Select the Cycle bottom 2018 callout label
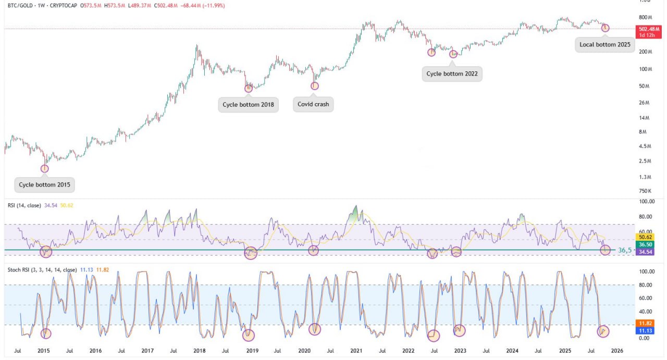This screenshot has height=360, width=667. coord(248,105)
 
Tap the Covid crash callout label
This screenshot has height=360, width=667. coord(313,104)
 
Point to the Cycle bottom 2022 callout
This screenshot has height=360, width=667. coord(452,73)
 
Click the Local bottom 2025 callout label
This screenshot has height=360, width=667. coord(604,44)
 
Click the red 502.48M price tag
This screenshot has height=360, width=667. coord(650,29)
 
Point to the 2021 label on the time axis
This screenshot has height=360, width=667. coord(356,351)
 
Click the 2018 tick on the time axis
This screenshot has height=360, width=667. coord(200,351)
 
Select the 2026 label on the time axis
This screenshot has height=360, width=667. coord(617,351)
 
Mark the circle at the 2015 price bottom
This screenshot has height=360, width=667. coord(45,168)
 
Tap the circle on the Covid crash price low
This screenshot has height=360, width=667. coord(315,85)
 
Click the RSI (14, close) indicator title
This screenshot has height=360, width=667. coord(26,205)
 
